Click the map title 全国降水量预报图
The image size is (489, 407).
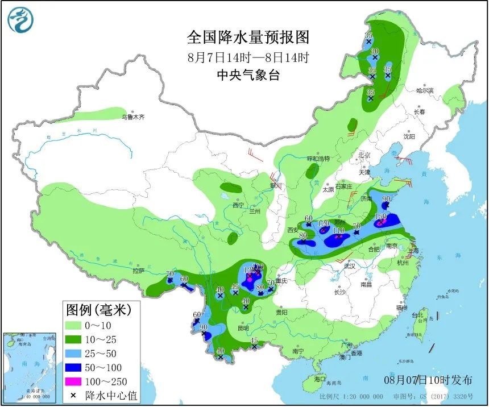coord(248,38)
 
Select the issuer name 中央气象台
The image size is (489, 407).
coord(248,75)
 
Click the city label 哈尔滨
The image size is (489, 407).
coord(424,90)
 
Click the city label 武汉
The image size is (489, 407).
coord(349,266)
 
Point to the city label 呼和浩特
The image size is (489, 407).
coord(318,158)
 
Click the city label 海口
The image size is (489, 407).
coord(320,379)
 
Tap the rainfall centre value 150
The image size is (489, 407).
coord(380,217)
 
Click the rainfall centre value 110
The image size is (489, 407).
coord(338,230)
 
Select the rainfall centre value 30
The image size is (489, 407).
coord(375,52)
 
